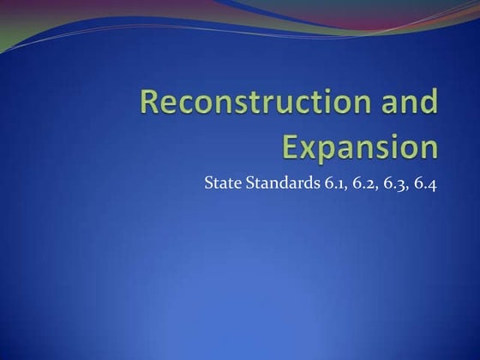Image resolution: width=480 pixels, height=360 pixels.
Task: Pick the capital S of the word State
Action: pyautogui.click(x=208, y=183)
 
